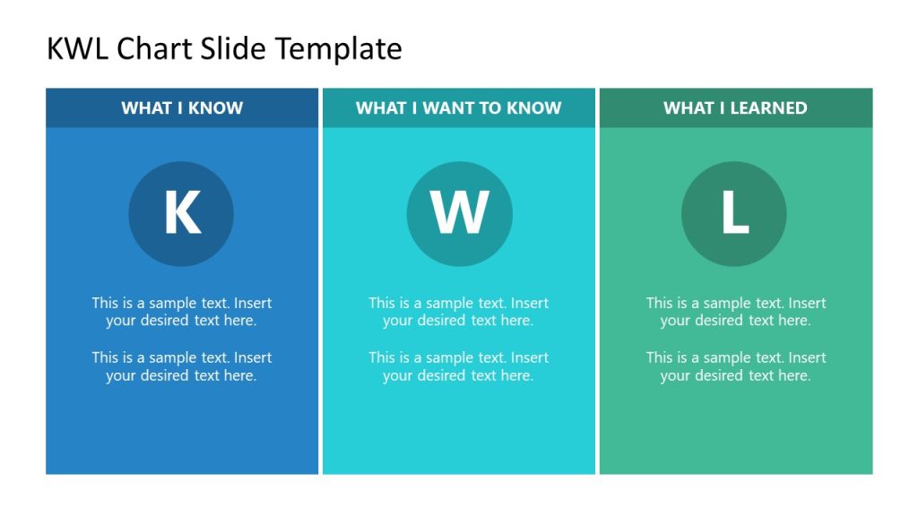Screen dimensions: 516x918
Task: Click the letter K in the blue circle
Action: [182, 213]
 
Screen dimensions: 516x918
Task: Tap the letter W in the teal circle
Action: [459, 213]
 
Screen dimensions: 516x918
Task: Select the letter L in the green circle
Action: [734, 213]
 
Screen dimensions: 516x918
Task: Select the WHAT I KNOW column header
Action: [182, 107]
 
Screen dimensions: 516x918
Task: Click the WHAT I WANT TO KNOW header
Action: [458, 107]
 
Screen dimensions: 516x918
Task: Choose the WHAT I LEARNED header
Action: [735, 107]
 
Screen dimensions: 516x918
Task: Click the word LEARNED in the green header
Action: [768, 107]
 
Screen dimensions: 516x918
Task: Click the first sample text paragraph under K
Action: [182, 311]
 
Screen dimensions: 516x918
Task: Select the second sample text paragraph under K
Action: [182, 366]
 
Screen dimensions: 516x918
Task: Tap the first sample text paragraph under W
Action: [458, 311]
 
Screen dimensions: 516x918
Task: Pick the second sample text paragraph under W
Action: [458, 366]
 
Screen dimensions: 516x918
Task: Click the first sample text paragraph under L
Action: [736, 311]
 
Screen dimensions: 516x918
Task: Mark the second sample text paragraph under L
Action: [736, 366]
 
